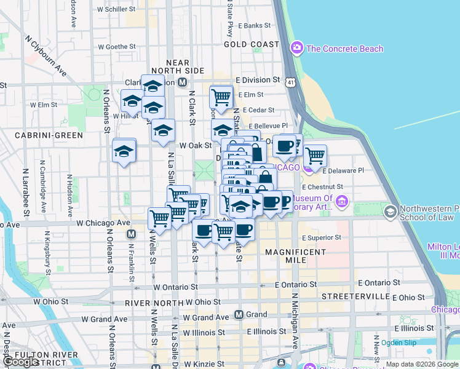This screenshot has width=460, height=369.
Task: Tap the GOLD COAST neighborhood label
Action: click(252, 44)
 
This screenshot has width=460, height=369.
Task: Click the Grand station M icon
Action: click(240, 314)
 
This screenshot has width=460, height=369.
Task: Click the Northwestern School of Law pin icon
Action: click(389, 212)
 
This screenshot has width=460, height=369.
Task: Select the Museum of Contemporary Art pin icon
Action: click(342, 200)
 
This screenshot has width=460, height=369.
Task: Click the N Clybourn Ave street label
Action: click(46, 55)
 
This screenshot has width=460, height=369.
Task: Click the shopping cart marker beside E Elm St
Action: click(221, 96)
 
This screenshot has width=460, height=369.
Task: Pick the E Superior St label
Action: click(321, 237)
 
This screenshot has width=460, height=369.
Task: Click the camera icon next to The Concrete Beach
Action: click(296, 47)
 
